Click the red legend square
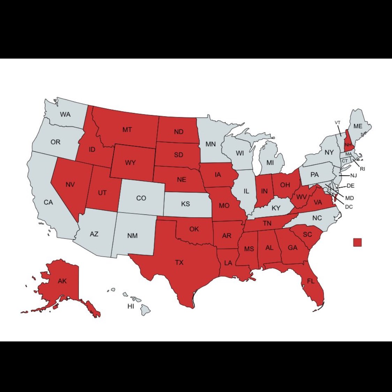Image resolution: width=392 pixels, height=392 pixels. (x=357, y=242)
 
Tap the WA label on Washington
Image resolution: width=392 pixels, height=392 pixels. (x=65, y=114)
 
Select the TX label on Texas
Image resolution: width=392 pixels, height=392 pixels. (x=179, y=262)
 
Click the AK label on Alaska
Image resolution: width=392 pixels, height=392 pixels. (x=62, y=281)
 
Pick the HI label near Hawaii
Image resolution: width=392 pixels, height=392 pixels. (x=131, y=306)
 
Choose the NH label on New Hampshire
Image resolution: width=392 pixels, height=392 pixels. (x=347, y=145)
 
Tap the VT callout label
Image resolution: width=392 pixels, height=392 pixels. (x=337, y=123)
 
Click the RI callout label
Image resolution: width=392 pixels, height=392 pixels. (x=363, y=169)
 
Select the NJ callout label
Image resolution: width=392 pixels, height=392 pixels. (x=354, y=175)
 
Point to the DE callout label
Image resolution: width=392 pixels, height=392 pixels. (x=350, y=186)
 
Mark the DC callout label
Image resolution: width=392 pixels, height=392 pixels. (x=349, y=207)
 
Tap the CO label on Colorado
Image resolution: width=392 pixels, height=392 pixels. (x=141, y=198)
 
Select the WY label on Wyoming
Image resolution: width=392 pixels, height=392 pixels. (x=130, y=163)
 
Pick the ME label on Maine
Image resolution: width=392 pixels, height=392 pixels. (x=358, y=126)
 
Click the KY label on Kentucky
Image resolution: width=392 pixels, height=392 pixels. (x=276, y=208)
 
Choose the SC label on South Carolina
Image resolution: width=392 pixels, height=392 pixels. (x=307, y=234)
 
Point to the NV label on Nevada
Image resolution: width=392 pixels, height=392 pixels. (x=70, y=184)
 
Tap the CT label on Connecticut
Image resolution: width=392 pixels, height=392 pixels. (x=345, y=161)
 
